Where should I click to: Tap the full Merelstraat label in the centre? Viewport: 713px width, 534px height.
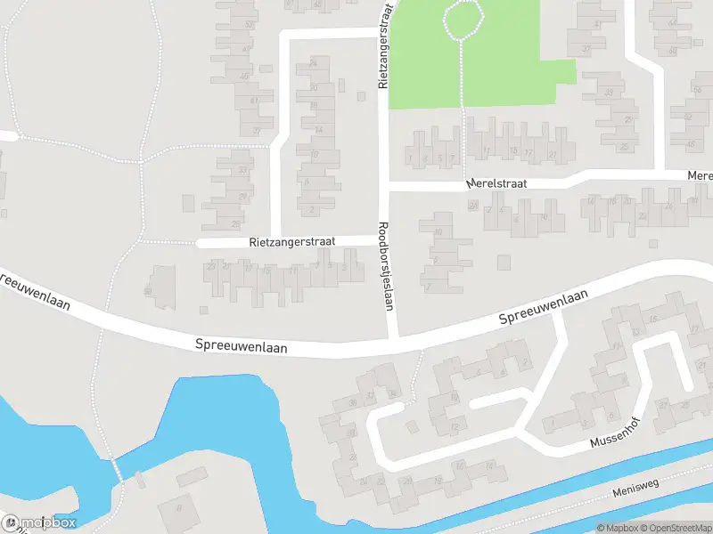496,183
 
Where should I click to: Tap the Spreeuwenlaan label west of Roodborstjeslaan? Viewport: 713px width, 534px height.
242,346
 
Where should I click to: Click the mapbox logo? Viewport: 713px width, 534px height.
39,522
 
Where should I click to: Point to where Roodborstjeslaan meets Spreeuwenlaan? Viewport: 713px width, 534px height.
392,341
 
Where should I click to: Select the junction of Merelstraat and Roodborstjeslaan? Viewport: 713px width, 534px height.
387,190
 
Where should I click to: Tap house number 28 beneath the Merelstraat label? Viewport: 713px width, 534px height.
473,206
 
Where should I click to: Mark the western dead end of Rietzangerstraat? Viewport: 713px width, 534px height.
201,242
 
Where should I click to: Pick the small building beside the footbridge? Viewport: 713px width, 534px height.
140,481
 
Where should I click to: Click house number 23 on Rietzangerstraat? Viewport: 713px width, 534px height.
211,265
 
